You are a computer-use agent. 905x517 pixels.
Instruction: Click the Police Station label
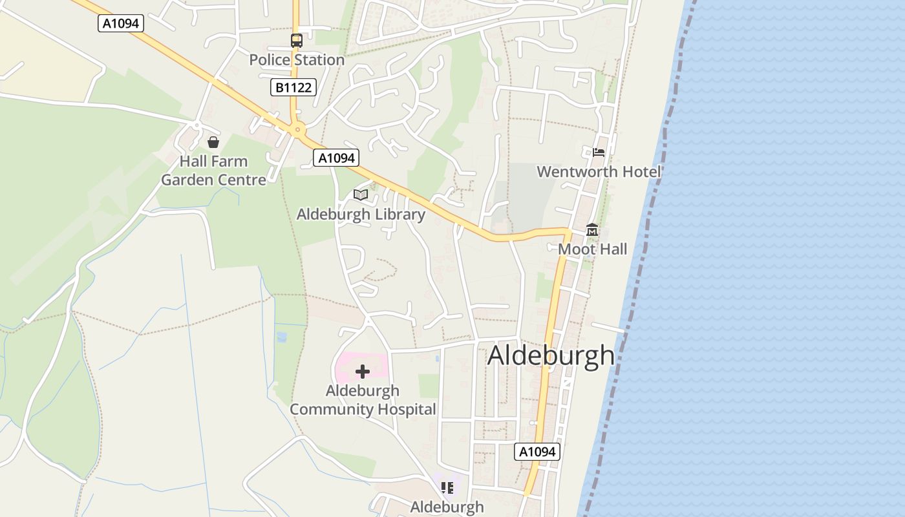point(297,60)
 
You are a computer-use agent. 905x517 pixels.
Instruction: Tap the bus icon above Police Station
point(296,41)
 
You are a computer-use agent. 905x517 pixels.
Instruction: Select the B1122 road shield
point(293,87)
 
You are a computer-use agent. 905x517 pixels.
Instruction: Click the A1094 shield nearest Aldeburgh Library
point(335,158)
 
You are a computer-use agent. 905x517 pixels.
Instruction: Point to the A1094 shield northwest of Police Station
point(121,24)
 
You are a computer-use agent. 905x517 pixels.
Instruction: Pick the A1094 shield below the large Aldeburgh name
point(537,452)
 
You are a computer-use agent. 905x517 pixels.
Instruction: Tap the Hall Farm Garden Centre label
point(213,171)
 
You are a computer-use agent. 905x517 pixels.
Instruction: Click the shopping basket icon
point(213,142)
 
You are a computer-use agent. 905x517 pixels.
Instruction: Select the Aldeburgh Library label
point(361,215)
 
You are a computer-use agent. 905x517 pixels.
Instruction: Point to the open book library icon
point(361,195)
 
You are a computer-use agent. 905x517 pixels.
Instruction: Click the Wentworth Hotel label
point(599,172)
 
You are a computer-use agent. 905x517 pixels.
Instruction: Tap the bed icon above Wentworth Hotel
point(599,153)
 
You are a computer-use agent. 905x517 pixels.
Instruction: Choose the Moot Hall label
point(592,249)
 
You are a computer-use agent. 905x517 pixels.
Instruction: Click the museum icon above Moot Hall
point(592,230)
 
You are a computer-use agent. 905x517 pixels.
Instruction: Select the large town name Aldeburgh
point(551,355)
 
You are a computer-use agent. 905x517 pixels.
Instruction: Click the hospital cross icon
point(363,371)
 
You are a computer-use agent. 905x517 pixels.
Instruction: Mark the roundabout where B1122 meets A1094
point(297,130)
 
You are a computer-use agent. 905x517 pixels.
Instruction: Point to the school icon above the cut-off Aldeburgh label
point(447,487)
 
